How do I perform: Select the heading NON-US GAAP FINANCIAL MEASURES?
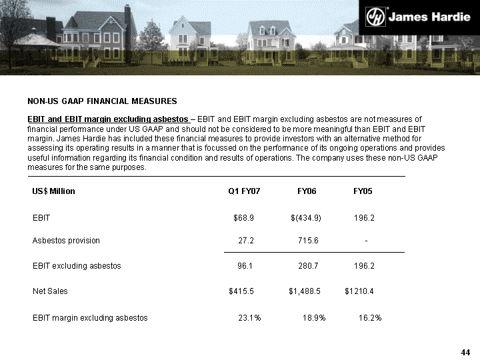[x=102, y=101]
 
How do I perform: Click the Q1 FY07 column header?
[x=244, y=191]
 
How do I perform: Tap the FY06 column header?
[x=307, y=191]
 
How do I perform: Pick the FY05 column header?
[x=363, y=191]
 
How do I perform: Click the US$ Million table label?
[x=54, y=191]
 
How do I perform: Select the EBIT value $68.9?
[x=243, y=218]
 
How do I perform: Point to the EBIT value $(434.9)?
[x=307, y=218]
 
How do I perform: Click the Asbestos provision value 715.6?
[x=307, y=241]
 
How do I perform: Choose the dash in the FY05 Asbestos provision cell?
[x=366, y=241]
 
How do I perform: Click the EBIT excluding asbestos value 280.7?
[x=307, y=266]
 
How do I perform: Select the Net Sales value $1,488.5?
[x=305, y=291]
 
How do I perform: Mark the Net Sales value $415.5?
[x=241, y=291]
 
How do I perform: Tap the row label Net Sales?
[x=50, y=291]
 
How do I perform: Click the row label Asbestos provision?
[x=66, y=241]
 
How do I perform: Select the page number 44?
[x=466, y=352]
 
